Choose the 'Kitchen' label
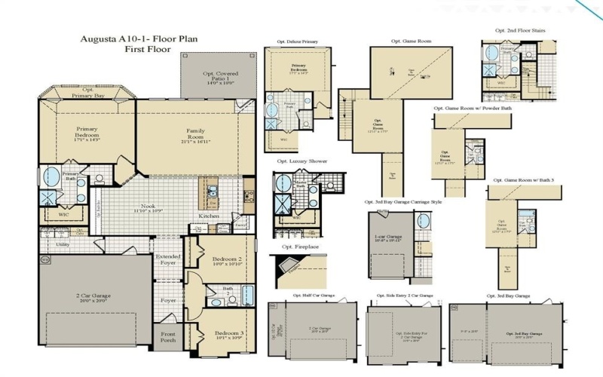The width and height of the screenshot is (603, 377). (x=209, y=216)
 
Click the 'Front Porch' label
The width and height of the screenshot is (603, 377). (x=167, y=339)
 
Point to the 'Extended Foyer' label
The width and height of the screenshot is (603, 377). (x=168, y=261)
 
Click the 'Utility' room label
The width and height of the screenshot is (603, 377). (x=63, y=244)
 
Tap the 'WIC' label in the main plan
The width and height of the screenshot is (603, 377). (x=63, y=214)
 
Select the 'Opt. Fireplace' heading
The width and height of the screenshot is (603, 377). (x=298, y=247)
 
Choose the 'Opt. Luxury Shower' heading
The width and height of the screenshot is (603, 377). (x=301, y=161)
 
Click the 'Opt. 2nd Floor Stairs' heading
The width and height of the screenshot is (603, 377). (x=520, y=31)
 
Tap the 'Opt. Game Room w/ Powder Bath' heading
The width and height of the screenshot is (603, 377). (x=473, y=108)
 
